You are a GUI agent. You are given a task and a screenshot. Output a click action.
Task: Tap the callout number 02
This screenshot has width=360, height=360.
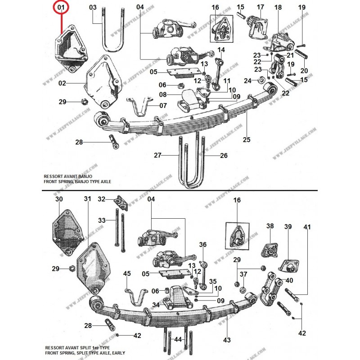point(62,83)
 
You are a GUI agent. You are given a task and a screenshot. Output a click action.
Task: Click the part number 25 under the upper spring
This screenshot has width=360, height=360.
point(246,140)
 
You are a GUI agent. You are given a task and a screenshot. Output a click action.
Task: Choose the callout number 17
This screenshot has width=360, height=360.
point(260,7)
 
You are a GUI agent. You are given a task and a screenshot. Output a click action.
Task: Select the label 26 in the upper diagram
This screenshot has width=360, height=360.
point(224,156)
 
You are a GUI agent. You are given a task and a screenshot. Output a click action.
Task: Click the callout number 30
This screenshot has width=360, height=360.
point(59,199)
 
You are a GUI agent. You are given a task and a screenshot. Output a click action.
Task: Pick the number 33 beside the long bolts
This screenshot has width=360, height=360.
point(102,220)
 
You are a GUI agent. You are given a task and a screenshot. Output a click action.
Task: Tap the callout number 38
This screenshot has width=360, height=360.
point(270,226)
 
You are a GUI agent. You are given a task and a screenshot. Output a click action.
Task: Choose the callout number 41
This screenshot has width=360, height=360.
point(307,228)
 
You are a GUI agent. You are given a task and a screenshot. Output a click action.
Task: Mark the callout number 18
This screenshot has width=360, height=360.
point(278,7)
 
